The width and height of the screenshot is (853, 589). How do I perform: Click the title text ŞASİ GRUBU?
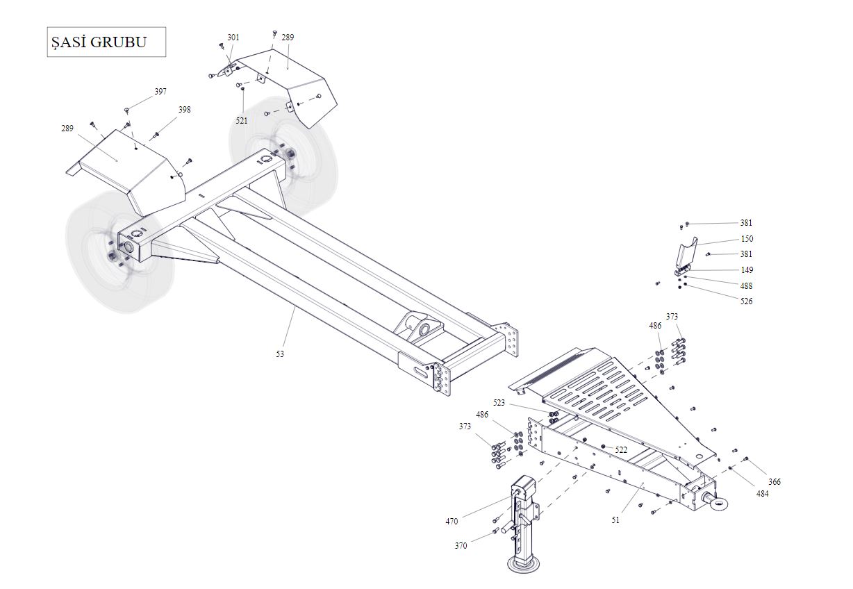pyautogui.click(x=99, y=42)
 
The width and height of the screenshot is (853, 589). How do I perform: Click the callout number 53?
pyautogui.click(x=280, y=354)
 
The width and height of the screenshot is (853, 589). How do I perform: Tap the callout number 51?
pyautogui.click(x=615, y=520)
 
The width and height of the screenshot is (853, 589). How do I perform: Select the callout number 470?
pyautogui.click(x=452, y=522)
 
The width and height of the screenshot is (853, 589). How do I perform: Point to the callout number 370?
pyautogui.click(x=461, y=546)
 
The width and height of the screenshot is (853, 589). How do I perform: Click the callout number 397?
pyautogui.click(x=160, y=92)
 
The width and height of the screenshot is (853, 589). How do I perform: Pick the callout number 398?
pyautogui.click(x=184, y=110)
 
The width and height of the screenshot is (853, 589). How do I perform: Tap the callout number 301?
pyautogui.click(x=233, y=38)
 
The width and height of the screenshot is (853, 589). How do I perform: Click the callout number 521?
pyautogui.click(x=242, y=121)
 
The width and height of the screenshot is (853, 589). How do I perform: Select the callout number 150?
pyautogui.click(x=747, y=239)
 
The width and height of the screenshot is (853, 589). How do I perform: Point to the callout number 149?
pyautogui.click(x=747, y=270)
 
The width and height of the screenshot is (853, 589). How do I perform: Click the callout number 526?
pyautogui.click(x=746, y=301)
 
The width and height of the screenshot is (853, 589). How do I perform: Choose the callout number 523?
pyautogui.click(x=499, y=403)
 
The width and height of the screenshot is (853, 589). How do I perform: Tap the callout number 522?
pyautogui.click(x=621, y=450)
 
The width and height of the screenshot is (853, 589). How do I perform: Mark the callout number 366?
pyautogui.click(x=775, y=482)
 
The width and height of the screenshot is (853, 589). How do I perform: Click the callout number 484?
pyautogui.click(x=762, y=494)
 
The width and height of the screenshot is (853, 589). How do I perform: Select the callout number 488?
pyautogui.click(x=746, y=286)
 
